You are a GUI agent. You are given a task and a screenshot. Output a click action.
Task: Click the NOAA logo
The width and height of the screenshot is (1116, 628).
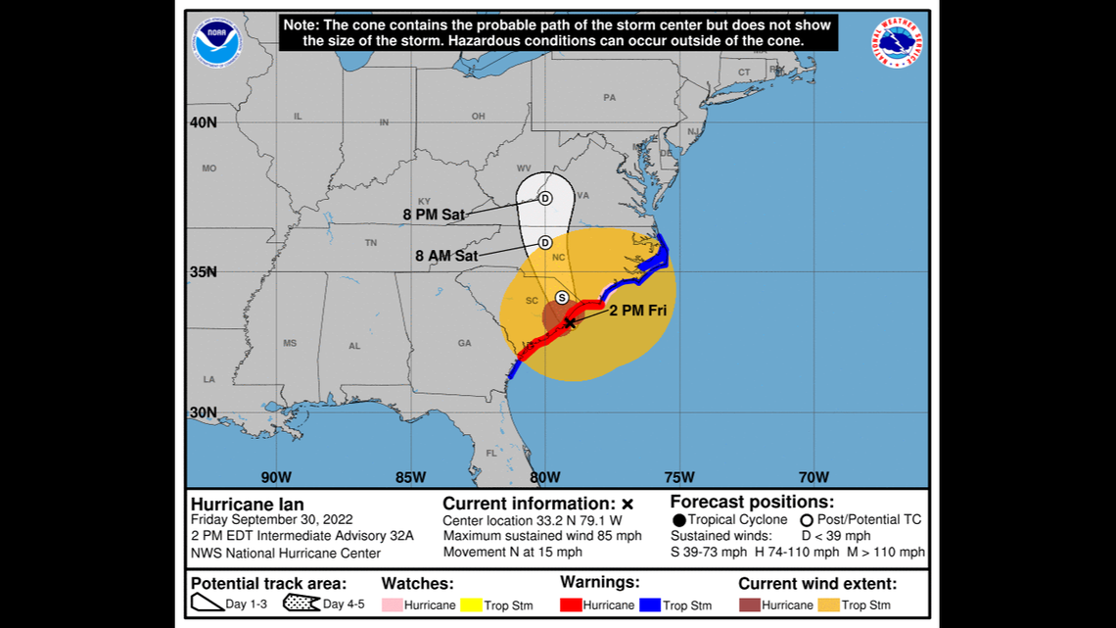point(217,43)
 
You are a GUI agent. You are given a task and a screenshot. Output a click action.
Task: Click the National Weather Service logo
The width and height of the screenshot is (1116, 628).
point(896,43)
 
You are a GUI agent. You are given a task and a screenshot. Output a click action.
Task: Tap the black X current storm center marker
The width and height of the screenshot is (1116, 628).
point(570,322)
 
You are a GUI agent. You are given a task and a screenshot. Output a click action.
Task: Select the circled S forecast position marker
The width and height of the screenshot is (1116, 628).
point(562,297)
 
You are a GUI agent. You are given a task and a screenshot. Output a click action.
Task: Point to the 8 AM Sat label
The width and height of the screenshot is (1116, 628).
point(446,256)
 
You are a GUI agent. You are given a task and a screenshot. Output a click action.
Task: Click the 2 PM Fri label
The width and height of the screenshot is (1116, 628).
point(639,311)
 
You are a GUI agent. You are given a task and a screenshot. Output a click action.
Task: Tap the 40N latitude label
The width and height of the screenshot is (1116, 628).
point(204,122)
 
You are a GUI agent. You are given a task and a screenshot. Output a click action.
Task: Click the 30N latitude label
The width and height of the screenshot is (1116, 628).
point(204,412)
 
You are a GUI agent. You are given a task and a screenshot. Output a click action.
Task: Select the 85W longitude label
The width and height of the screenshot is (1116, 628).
point(410,477)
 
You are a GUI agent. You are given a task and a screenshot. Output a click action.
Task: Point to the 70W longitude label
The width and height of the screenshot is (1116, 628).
point(814,477)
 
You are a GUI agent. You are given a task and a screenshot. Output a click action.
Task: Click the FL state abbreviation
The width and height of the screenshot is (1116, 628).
point(492,454)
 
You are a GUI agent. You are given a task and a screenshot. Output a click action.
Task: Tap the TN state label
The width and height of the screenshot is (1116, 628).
point(371,242)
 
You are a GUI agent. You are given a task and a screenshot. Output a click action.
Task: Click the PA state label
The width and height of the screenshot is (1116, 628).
point(610,98)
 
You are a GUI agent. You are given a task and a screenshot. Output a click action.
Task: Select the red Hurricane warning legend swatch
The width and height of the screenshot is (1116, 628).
point(570,604)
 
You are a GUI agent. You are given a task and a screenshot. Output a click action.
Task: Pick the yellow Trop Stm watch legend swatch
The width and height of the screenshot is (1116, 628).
point(471,604)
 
